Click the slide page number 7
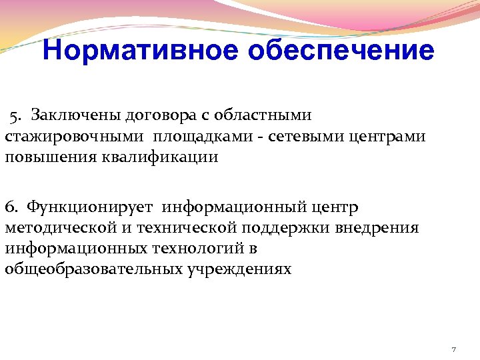pos(453,349)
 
